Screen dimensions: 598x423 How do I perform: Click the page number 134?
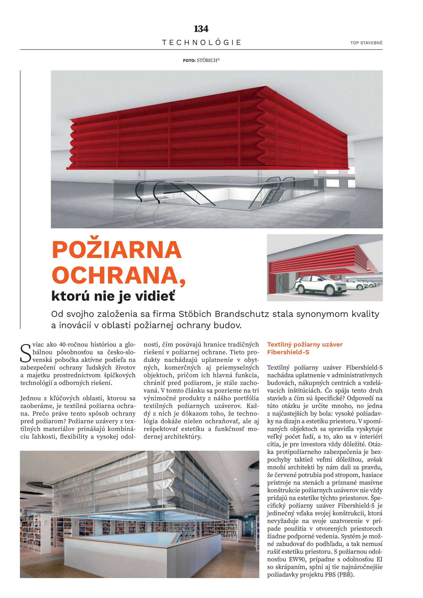pyautogui.click(x=201, y=29)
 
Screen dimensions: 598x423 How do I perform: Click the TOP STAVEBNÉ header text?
pyautogui.click(x=366, y=43)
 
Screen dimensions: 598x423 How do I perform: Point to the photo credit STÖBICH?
pyautogui.click(x=208, y=60)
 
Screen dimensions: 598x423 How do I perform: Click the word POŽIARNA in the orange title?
pyautogui.click(x=117, y=250)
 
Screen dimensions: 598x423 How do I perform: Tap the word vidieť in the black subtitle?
pyautogui.click(x=156, y=296)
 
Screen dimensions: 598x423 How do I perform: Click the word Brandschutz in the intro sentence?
pyautogui.click(x=242, y=314)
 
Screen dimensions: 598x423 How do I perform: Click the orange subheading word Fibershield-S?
pyautogui.click(x=288, y=352)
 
